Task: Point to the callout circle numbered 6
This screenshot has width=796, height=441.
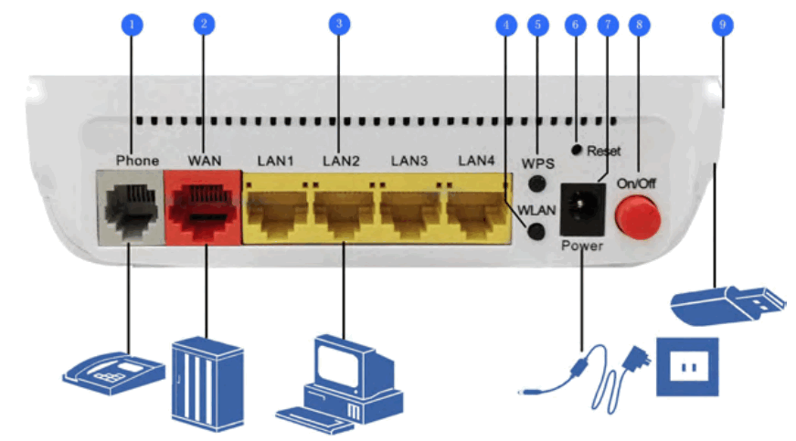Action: click(575, 25)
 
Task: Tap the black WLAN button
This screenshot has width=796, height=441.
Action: click(539, 230)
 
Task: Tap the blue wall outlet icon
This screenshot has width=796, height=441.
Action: click(686, 367)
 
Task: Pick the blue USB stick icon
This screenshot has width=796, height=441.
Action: click(727, 305)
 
